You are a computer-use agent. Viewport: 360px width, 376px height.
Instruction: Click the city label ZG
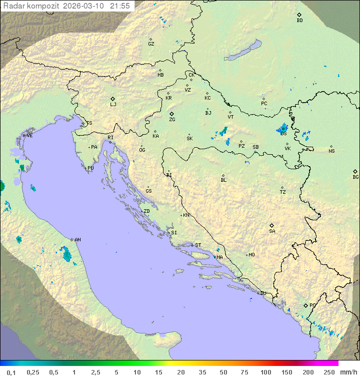point(172,120)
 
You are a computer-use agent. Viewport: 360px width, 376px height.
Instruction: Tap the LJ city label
point(113,105)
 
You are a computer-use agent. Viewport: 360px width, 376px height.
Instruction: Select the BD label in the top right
point(299,21)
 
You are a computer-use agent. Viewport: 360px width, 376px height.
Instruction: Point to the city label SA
point(272,231)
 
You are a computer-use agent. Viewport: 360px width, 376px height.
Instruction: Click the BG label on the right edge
point(355,177)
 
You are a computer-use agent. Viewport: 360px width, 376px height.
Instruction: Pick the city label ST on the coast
point(198,245)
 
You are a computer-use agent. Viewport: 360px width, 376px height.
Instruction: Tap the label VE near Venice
point(29,136)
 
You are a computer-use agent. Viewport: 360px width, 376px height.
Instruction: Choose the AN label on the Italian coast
point(77,240)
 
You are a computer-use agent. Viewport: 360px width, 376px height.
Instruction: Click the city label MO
point(251,255)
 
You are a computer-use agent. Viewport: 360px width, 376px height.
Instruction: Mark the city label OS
point(283,134)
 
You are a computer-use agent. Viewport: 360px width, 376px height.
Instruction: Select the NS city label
point(331,151)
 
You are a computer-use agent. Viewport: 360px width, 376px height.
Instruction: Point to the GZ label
point(151,44)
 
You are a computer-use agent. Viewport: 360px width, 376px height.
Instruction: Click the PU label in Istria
point(90,169)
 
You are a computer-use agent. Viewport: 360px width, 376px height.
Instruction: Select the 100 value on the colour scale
point(265,372)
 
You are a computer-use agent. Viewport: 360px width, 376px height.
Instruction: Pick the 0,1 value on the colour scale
point(11,372)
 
